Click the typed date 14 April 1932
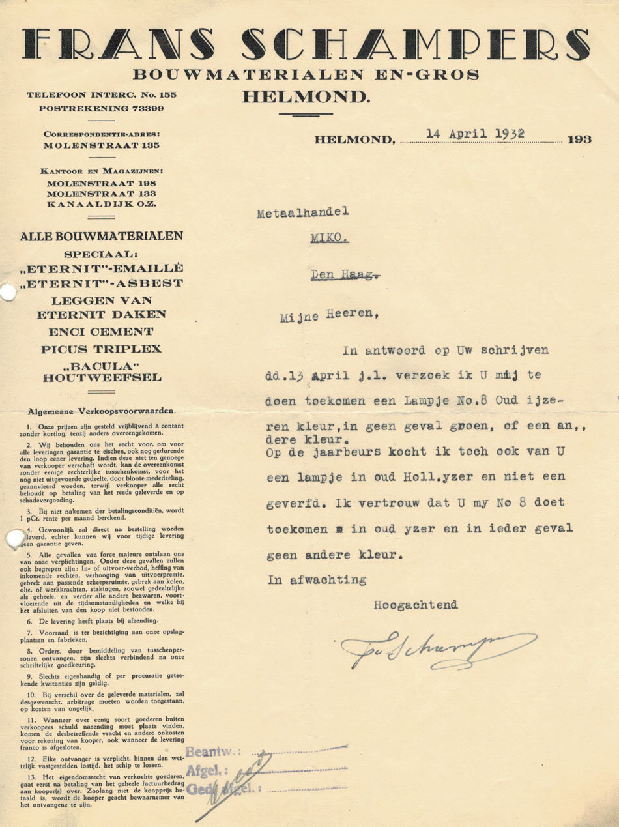point(476,134)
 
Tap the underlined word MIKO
point(329,239)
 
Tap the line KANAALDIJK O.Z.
point(102,205)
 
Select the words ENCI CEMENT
point(101,332)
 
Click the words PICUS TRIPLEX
point(101,349)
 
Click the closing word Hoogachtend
point(415,604)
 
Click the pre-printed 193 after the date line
point(579,140)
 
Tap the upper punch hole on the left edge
point(6,294)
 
